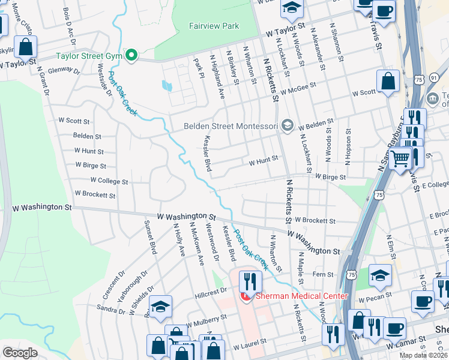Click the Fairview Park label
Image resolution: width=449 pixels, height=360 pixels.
click(x=214, y=26)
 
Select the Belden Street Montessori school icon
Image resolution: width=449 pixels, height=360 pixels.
click(x=288, y=125)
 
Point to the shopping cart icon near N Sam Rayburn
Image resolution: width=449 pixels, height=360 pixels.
click(x=400, y=158)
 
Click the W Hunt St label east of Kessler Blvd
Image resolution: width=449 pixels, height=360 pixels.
click(x=264, y=160)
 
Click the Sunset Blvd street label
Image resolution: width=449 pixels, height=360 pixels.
click(x=149, y=237)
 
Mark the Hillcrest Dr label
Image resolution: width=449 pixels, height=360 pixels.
click(x=211, y=290)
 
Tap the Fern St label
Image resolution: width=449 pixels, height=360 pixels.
click(x=323, y=274)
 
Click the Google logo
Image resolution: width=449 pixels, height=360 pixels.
click(x=20, y=353)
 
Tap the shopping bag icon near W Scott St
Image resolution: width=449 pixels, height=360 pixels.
click(x=388, y=82)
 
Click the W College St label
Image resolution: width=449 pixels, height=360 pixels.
click(x=109, y=181)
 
